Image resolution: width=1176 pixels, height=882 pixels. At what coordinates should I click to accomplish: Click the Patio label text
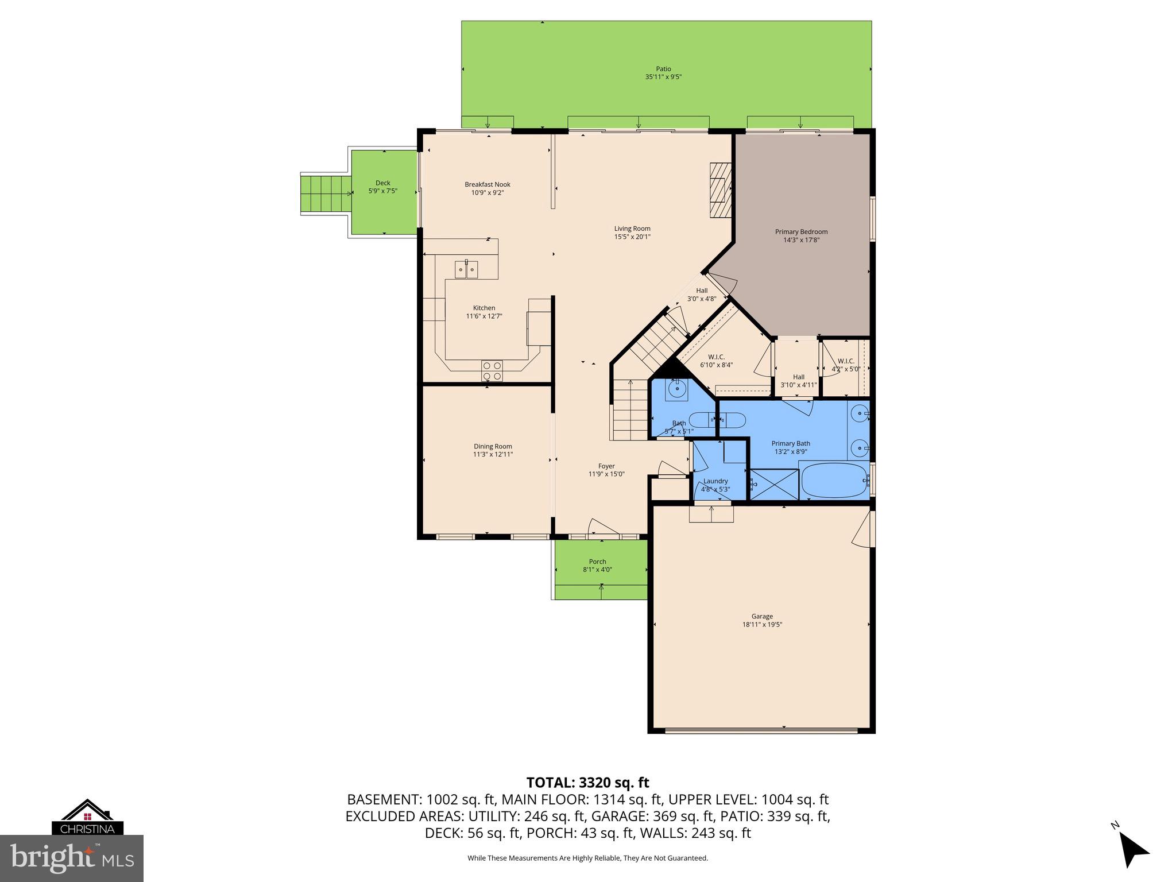(663, 69)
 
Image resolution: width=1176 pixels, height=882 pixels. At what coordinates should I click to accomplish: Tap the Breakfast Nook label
(487, 184)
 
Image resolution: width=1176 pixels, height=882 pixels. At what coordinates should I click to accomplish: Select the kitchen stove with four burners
(492, 370)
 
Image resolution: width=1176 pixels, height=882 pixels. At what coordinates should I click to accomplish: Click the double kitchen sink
(466, 269)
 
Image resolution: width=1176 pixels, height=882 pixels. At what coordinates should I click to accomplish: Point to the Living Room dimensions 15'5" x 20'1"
(632, 237)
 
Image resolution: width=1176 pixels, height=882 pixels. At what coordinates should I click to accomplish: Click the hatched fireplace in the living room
(720, 190)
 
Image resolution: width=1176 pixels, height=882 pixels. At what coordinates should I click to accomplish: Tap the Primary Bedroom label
(801, 232)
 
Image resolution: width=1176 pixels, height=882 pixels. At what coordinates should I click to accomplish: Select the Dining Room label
(493, 446)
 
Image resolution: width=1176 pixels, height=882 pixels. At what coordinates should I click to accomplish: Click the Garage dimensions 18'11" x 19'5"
(762, 624)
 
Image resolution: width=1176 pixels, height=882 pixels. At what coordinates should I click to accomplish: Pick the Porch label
(597, 562)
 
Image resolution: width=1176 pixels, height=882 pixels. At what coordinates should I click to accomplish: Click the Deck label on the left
(382, 183)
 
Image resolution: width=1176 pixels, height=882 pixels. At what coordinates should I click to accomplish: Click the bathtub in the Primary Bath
(834, 481)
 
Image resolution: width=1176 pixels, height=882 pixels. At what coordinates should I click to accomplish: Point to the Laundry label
(715, 481)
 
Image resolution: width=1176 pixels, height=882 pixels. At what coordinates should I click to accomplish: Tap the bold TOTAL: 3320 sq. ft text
(587, 783)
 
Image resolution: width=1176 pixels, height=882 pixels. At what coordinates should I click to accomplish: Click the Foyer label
(606, 466)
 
